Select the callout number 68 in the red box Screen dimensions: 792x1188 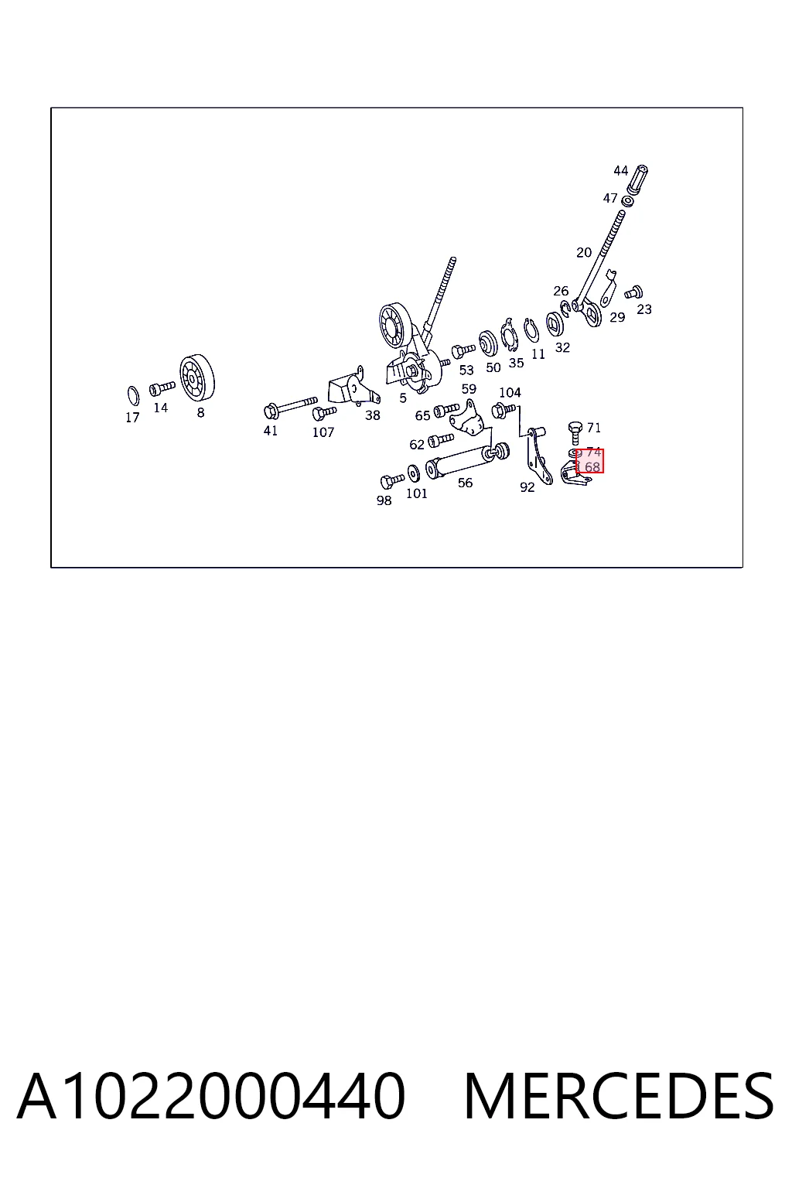[592, 467]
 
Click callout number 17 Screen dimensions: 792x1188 [132, 418]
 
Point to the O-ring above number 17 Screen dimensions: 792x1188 [134, 396]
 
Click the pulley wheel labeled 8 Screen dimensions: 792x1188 [196, 377]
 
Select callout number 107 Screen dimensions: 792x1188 [323, 432]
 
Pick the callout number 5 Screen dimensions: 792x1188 [403, 398]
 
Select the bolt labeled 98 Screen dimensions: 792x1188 [392, 480]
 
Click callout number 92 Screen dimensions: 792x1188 [527, 486]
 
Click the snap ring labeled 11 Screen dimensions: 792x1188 [531, 331]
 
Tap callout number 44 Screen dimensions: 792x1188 [620, 171]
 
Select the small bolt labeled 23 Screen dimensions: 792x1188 [633, 292]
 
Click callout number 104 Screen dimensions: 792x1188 [510, 392]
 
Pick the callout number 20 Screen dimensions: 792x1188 [583, 253]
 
